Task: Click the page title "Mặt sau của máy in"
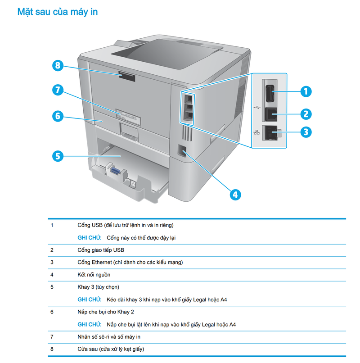pyautogui.click(x=57, y=12)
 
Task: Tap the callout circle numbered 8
pyautogui.click(x=57, y=66)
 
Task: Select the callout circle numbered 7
pyautogui.click(x=57, y=90)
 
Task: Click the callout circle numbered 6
pyautogui.click(x=57, y=116)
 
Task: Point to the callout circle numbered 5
pyautogui.click(x=57, y=156)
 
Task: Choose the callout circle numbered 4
pyautogui.click(x=235, y=194)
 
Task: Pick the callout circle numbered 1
pyautogui.click(x=306, y=91)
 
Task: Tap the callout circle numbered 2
pyautogui.click(x=306, y=113)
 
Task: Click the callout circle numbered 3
pyautogui.click(x=306, y=132)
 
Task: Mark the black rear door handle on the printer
pyautogui.click(x=127, y=77)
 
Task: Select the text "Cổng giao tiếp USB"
pyautogui.click(x=100, y=250)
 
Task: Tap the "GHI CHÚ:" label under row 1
pyautogui.click(x=90, y=237)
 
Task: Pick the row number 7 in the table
pyautogui.click(x=52, y=336)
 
